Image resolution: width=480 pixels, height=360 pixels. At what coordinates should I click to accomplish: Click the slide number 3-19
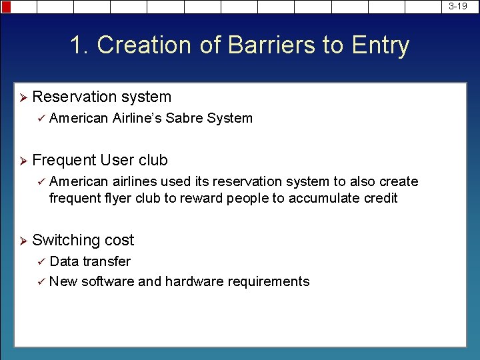pos(457,6)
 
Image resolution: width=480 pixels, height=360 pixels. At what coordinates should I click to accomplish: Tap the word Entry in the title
pos(381,45)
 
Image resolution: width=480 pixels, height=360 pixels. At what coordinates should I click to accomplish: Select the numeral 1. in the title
pos(80,45)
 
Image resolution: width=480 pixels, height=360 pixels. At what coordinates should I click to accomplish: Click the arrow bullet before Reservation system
pos(23,97)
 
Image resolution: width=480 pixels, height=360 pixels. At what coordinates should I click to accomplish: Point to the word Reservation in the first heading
pos(73,97)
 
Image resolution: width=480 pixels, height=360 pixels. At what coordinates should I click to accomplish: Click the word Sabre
pos(185,118)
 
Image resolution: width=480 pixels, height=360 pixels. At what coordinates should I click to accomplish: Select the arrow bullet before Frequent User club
pos(23,161)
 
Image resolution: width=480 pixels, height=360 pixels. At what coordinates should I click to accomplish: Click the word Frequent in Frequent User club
pos(64,160)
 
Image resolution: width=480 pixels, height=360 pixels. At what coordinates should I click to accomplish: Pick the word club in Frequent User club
pos(153,160)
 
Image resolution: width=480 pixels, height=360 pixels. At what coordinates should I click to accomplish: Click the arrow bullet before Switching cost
pos(23,241)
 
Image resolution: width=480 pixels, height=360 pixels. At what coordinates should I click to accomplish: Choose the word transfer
pos(107,261)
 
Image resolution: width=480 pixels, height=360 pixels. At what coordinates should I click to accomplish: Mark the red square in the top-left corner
pos(6,7)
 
